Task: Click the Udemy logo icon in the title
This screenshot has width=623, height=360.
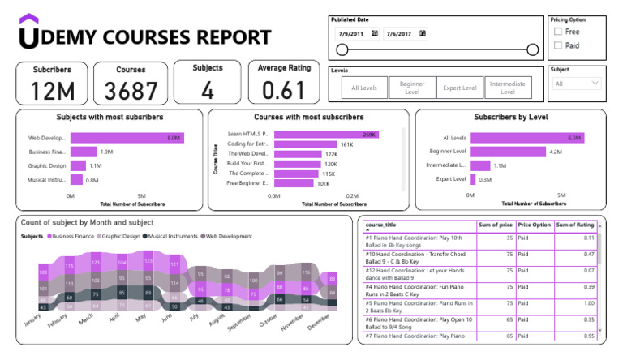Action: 28,32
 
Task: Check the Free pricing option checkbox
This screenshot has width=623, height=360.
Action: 557,32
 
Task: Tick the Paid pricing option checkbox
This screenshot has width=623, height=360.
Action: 557,45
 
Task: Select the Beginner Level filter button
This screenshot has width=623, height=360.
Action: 412,88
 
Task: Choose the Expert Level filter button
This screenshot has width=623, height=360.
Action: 459,88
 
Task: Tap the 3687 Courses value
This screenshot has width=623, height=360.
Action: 131,91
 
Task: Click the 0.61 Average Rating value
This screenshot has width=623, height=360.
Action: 284,91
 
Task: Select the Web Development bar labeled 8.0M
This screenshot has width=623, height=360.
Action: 127,138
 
